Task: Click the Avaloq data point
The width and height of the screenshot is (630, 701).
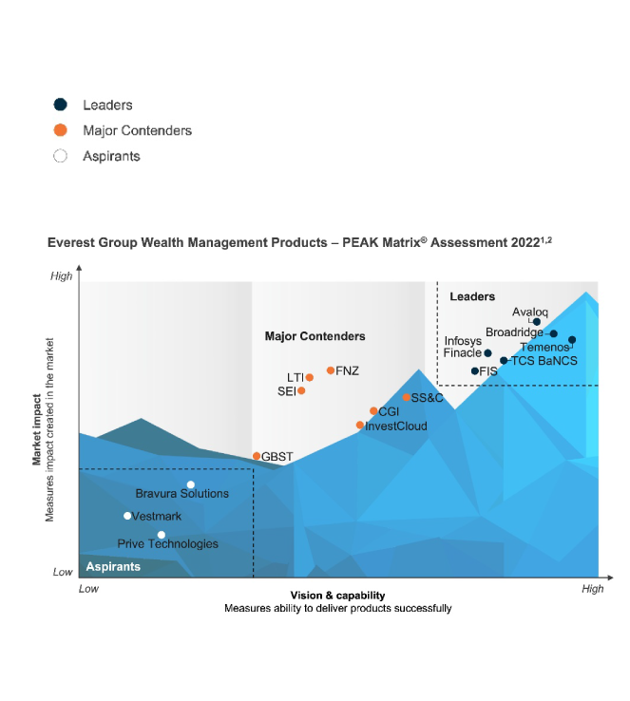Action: [x=537, y=322]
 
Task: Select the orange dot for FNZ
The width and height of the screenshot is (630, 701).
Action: [x=331, y=370]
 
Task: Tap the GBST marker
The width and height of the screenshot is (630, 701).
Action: [x=257, y=457]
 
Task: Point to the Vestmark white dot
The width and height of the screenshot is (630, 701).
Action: [x=127, y=516]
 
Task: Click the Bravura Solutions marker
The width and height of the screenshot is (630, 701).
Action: [x=191, y=485]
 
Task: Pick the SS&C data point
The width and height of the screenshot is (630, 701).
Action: [x=406, y=397]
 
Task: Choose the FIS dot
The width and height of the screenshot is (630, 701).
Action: [x=475, y=370]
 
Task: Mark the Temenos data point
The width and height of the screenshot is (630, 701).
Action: [x=572, y=340]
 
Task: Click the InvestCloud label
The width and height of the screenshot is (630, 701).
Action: [x=396, y=426]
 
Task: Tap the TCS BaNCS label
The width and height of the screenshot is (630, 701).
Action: [x=544, y=361]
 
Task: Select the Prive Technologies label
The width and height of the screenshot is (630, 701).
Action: [x=167, y=544]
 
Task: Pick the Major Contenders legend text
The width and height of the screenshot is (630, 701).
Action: [x=137, y=130]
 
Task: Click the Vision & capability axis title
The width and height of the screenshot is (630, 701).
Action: [x=337, y=596]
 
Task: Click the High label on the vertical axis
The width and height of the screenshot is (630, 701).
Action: [x=61, y=275]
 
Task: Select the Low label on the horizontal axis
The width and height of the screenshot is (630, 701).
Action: [x=88, y=589]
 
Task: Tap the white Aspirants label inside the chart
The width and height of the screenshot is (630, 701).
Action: [x=113, y=566]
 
